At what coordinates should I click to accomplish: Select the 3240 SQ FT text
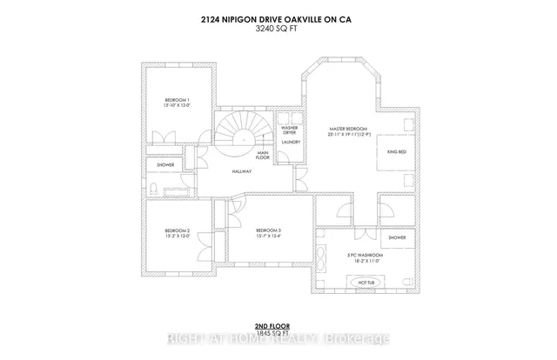(x=278, y=28)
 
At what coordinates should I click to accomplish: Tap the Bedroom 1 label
(x=177, y=101)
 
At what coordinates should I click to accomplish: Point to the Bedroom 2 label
(x=177, y=231)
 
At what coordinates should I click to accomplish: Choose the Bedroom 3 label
(x=267, y=230)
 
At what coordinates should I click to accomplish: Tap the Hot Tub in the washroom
(x=366, y=282)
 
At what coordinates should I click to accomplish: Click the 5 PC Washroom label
(x=366, y=254)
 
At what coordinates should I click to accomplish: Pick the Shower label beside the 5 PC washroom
(x=397, y=237)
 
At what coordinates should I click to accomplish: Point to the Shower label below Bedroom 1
(x=165, y=164)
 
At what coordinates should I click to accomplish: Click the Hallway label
(x=242, y=171)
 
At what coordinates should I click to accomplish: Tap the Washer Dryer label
(x=290, y=130)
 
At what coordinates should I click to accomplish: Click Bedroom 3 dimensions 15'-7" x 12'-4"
(x=267, y=237)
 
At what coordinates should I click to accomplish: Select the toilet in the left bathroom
(x=153, y=188)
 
